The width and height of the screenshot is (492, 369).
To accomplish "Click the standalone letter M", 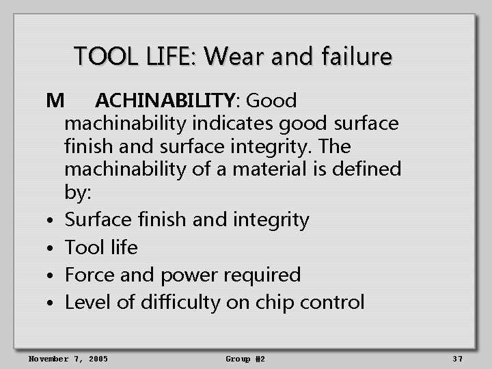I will [55, 101].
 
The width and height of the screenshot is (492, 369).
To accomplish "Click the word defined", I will [367, 169].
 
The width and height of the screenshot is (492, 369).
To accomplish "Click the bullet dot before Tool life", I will [52, 249].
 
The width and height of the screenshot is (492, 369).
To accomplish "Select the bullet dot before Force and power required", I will [52, 276].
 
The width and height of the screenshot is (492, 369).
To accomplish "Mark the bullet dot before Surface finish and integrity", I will [52, 221].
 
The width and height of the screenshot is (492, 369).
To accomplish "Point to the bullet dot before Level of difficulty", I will [52, 303].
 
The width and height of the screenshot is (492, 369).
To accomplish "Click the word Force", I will [90, 275].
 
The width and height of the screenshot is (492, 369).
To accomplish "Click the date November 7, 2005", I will [68, 359].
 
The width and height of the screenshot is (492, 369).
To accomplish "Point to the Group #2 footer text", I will [245, 359].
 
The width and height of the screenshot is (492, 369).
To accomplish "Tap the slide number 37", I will [458, 359].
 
